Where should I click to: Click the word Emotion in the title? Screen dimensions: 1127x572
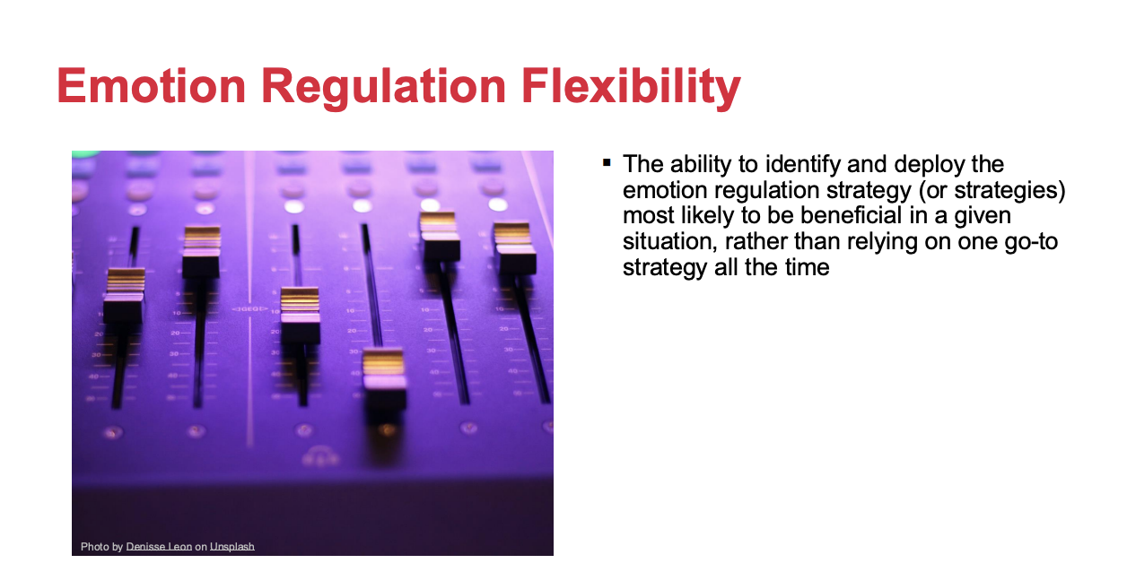coord(152,86)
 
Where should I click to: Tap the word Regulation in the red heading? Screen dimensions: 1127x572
coord(383,89)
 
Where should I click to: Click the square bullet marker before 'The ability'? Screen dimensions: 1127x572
coord(607,163)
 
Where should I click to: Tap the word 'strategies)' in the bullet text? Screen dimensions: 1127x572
coord(1009,191)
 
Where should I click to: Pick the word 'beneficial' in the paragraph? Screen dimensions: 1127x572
coord(851,216)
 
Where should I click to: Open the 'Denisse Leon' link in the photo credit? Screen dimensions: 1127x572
coord(159,546)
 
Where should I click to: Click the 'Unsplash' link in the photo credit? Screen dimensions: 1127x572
coord(232,547)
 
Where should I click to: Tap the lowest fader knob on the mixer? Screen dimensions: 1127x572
coord(384,378)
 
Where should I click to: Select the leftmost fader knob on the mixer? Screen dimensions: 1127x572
coord(124,296)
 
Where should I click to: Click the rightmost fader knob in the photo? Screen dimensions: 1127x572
coord(514,247)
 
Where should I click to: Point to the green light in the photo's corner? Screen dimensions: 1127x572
coord(85,154)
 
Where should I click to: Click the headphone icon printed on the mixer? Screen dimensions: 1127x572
coord(320,455)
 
